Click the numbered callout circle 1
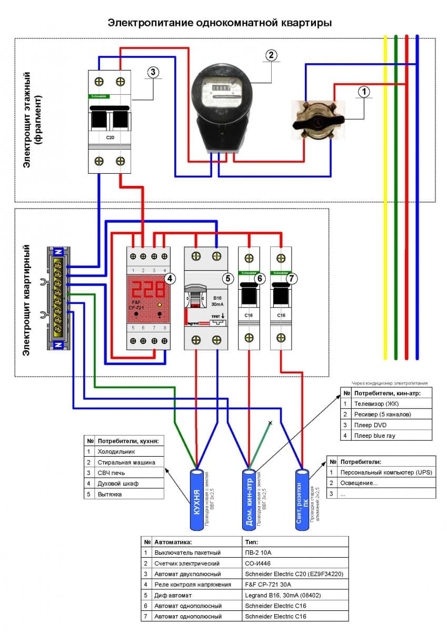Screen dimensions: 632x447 [x=363, y=91]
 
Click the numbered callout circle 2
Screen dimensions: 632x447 [x=271, y=55]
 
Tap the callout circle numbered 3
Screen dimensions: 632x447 [x=153, y=73]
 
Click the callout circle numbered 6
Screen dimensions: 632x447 [x=260, y=278]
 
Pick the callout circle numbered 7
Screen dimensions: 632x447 [x=293, y=278]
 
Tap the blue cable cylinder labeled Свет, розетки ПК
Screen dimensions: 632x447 [x=302, y=498]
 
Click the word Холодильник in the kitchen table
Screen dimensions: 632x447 [x=115, y=451]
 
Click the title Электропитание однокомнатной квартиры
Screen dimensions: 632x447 [x=220, y=23]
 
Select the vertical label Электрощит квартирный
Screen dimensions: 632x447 [x=27, y=300]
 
